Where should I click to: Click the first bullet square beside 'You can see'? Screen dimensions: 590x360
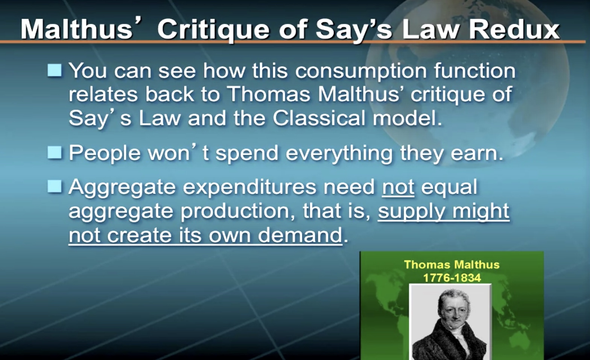(x=55, y=70)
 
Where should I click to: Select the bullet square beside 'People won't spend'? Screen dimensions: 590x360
(x=55, y=153)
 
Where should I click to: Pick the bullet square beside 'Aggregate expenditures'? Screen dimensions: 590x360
(x=55, y=186)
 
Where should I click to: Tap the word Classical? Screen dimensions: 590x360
(x=319, y=118)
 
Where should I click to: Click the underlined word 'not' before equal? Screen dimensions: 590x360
(x=398, y=188)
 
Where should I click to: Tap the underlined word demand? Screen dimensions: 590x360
(x=300, y=235)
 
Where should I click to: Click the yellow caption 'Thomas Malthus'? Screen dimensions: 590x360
(x=452, y=265)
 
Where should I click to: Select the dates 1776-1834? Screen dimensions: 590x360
(x=452, y=278)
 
